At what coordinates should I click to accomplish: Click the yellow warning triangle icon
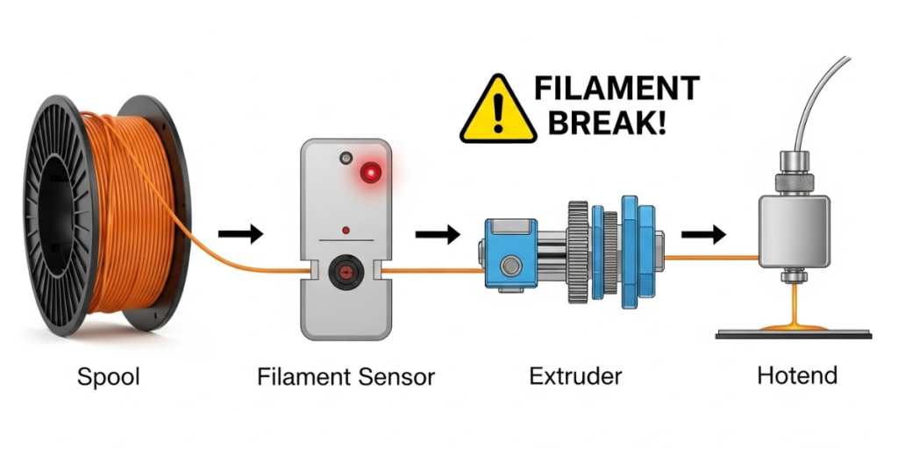point(497,111)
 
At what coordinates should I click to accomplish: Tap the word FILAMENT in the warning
point(616,89)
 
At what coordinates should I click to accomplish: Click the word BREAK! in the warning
point(606,122)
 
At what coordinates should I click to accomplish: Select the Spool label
point(109,378)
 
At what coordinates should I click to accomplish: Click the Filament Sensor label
point(346,378)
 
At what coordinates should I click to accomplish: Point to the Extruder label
point(575,377)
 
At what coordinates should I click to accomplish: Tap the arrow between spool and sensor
point(240,234)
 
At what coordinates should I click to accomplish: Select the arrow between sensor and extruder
point(438,234)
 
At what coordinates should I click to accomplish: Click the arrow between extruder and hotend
point(703,234)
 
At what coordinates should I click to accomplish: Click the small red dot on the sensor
point(346,231)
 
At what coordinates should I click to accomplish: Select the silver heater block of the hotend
point(794,231)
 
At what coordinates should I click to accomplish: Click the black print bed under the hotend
point(793,334)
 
